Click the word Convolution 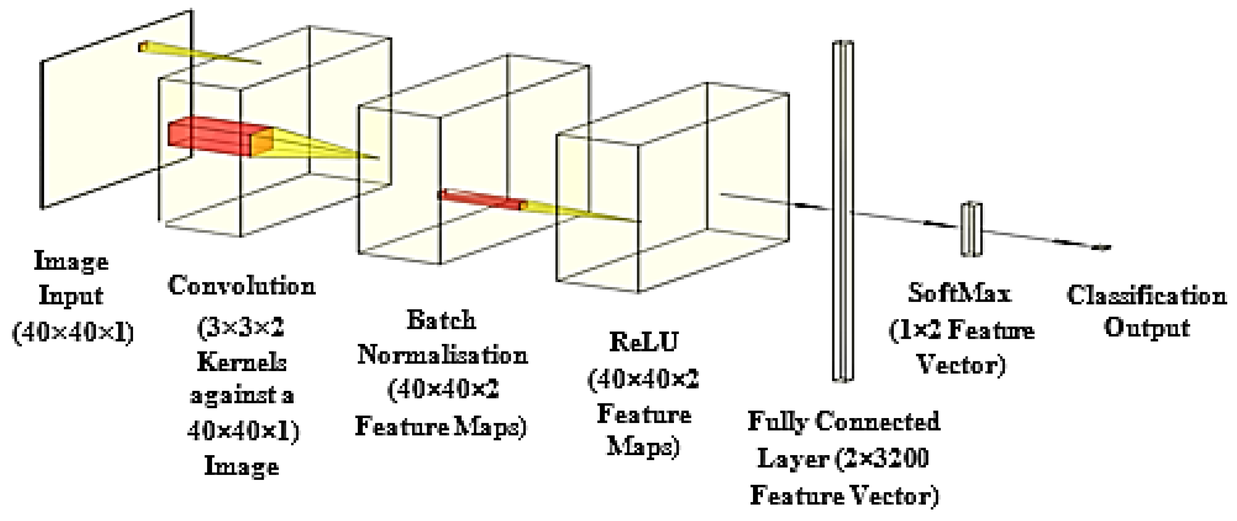242,286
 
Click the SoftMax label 959,293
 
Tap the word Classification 1146,296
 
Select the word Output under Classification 1146,329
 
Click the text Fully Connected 844,422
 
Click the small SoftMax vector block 971,229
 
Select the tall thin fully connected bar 843,211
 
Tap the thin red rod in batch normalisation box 480,200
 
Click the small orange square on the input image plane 142,47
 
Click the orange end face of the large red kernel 262,142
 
